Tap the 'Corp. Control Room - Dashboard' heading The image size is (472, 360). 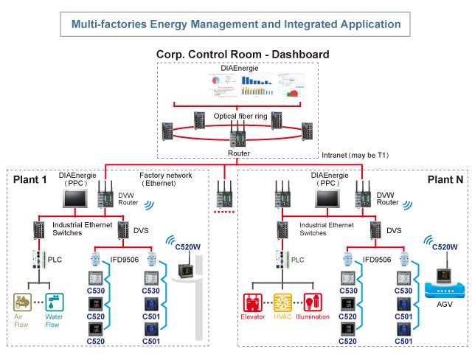(243, 55)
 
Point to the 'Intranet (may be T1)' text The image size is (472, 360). (355, 156)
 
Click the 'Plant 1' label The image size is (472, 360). (30, 179)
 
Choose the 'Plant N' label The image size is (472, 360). (443, 179)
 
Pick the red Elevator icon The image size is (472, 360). (254, 303)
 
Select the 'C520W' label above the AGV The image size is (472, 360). (445, 246)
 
